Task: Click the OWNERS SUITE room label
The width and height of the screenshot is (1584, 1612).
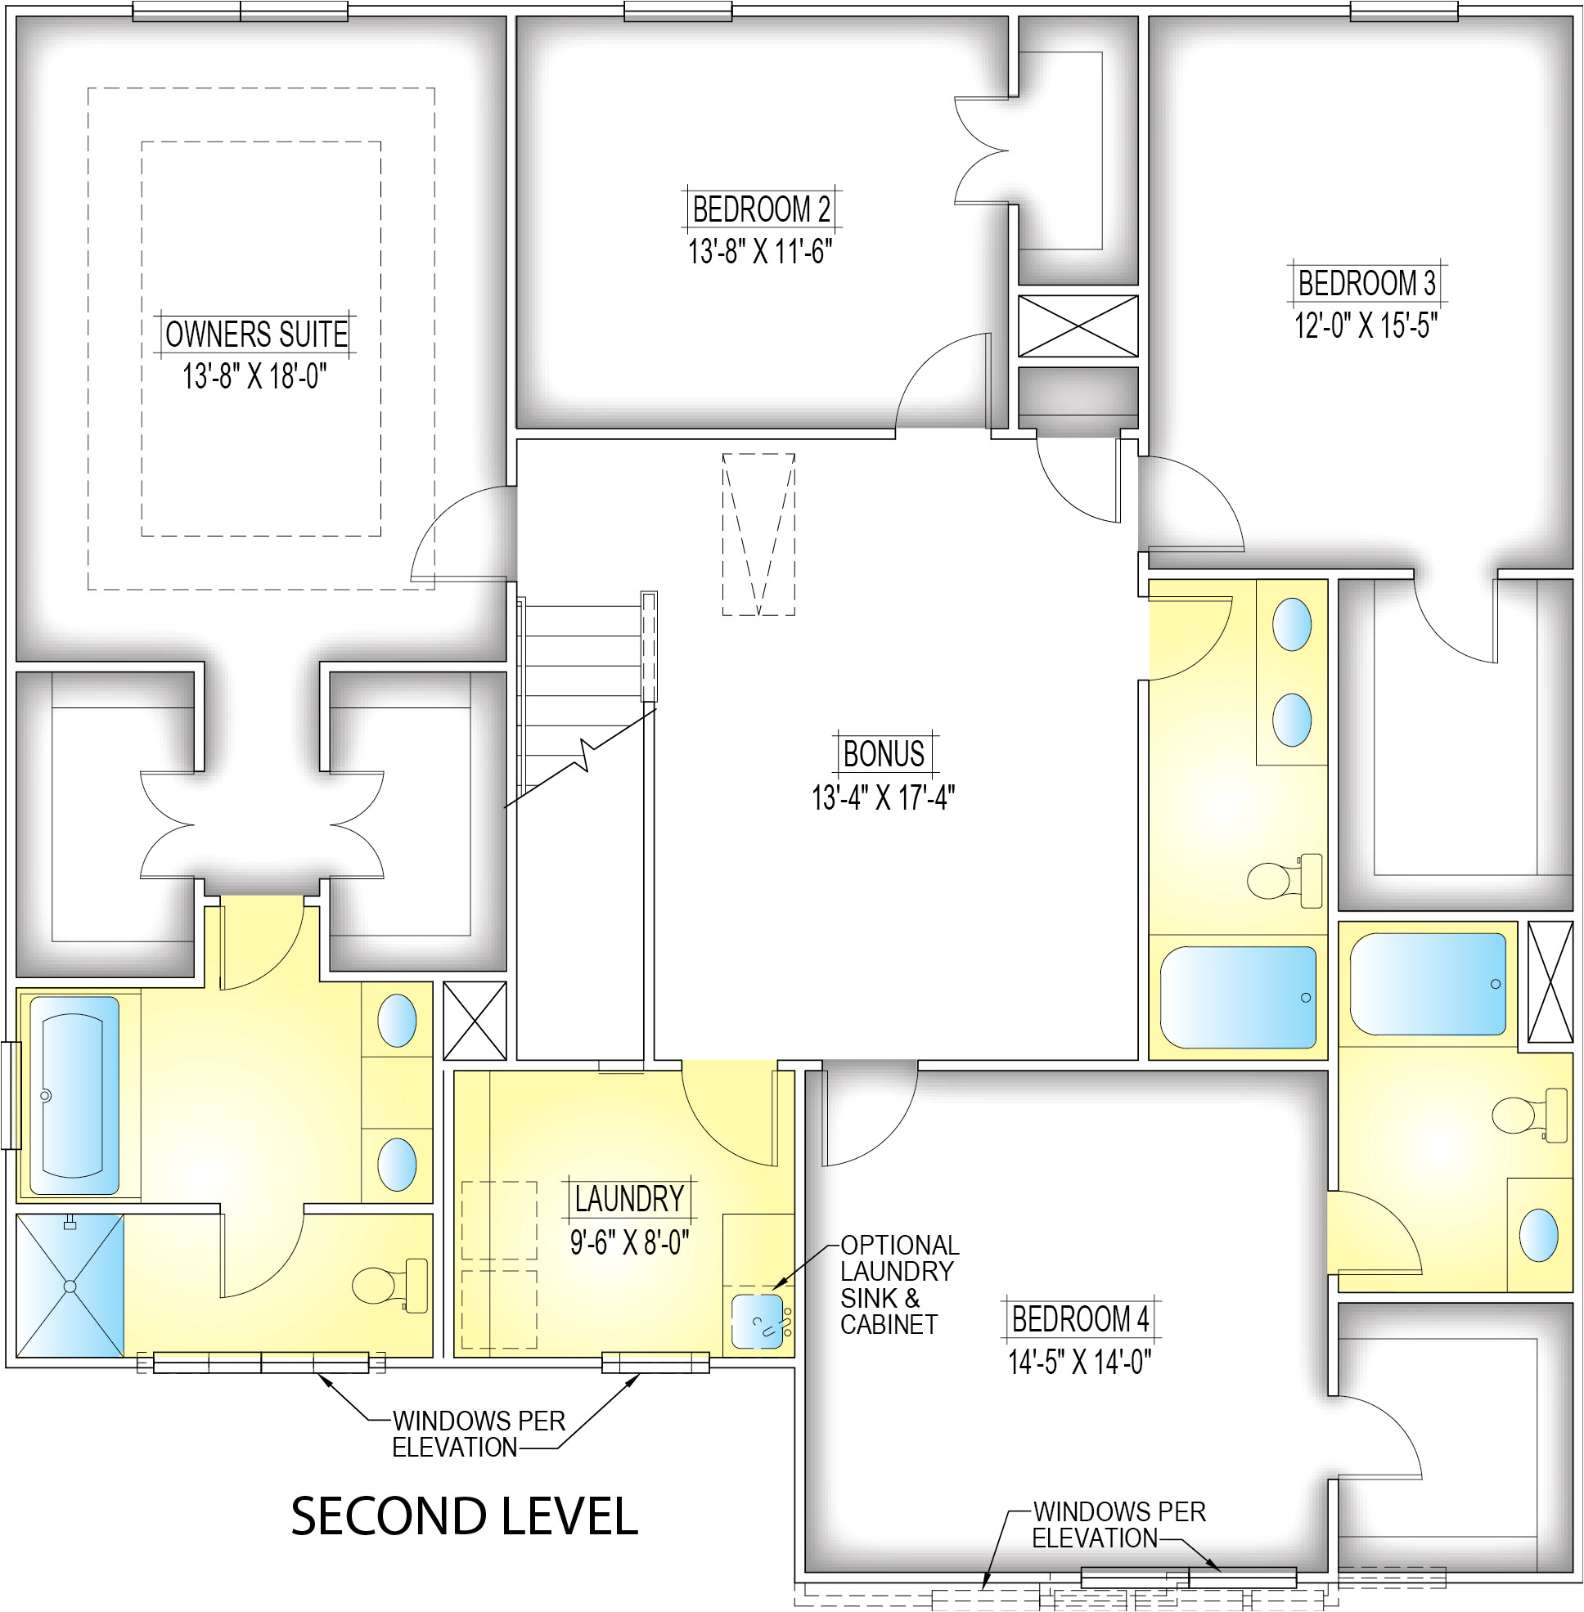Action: (256, 335)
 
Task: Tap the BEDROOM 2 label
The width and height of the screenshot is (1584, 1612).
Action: (761, 209)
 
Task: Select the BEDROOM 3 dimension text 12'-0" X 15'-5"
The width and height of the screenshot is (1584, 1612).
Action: (1366, 326)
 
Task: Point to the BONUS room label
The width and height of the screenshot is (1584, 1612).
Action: (884, 753)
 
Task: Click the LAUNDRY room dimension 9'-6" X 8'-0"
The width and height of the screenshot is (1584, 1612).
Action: (630, 1242)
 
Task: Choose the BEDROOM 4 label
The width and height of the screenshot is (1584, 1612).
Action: (1080, 1318)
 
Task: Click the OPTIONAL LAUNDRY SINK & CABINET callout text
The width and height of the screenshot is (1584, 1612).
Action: (899, 1284)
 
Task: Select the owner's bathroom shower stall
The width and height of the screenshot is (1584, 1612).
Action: (70, 1286)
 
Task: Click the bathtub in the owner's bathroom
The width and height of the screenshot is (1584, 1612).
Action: (74, 1095)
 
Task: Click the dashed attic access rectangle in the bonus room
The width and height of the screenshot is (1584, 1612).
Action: (758, 534)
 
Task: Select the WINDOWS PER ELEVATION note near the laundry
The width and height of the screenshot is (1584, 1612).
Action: (479, 1433)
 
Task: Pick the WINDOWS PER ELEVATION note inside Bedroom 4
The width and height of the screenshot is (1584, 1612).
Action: (1119, 1524)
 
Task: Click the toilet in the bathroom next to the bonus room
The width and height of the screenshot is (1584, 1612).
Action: (1285, 880)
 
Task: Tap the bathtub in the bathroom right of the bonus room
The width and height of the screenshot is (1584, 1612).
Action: (1238, 996)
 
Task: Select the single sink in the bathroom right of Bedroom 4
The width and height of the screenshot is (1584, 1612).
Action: (1538, 1235)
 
